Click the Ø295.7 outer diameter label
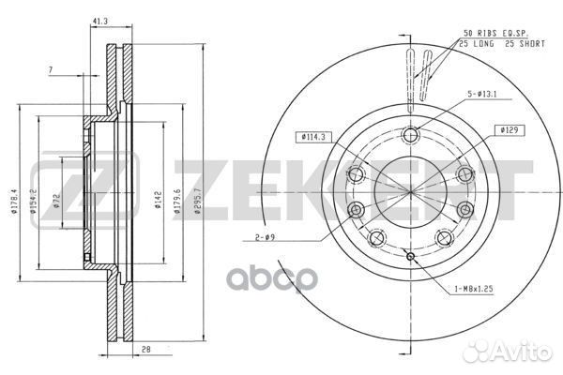(197, 201)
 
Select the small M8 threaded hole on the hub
(410, 255)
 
